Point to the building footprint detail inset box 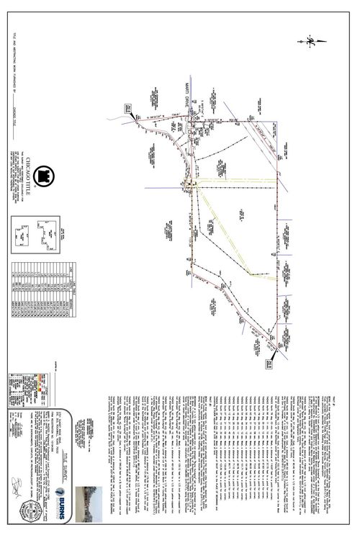(x=43, y=233)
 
